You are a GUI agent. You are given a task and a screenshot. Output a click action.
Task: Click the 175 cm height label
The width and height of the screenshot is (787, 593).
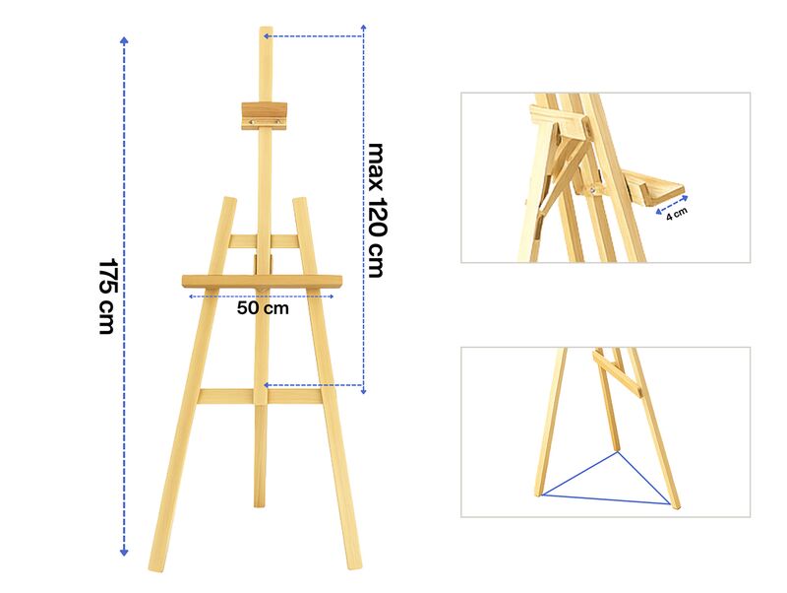pos(107,296)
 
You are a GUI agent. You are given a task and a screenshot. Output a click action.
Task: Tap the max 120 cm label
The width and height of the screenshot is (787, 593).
pos(377,211)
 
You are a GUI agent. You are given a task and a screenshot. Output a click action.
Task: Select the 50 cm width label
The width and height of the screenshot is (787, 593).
pos(263,308)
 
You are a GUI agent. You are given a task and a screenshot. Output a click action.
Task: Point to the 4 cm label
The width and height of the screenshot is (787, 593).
pos(677,214)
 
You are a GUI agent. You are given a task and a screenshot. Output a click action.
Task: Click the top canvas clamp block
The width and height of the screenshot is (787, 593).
pos(264,116)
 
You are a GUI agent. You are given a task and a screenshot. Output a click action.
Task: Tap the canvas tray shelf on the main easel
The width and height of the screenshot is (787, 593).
pos(262,282)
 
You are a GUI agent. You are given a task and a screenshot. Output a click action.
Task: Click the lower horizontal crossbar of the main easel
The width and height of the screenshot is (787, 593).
pos(261,397)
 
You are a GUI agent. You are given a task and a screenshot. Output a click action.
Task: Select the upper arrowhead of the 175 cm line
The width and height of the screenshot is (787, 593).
pos(124,40)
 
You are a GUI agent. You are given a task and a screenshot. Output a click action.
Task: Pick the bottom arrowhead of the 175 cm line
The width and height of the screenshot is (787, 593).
pos(124,553)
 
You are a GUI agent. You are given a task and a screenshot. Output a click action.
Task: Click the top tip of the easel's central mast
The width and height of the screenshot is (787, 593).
pos(266,29)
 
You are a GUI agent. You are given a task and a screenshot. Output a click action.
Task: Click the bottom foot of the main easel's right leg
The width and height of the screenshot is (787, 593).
pos(354,565)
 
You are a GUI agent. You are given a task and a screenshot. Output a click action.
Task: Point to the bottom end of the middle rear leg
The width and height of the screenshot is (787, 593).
pos(260,504)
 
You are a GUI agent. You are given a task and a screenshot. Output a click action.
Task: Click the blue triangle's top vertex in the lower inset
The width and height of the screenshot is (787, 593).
pos(618,452)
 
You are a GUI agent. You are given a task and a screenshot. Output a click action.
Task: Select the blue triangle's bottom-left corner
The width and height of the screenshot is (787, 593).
pos(542,495)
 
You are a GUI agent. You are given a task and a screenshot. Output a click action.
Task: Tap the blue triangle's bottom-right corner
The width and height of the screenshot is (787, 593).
pos(670,503)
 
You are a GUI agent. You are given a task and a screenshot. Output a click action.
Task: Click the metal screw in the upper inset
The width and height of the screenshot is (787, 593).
pos(593,189)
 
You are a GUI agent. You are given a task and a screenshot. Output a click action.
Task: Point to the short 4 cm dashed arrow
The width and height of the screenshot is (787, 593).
pos(672,205)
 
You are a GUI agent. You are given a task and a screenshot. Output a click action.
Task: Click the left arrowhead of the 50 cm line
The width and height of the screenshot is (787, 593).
pos(191,296)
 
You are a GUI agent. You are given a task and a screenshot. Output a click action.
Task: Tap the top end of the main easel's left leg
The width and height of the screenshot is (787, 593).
pos(230,199)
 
